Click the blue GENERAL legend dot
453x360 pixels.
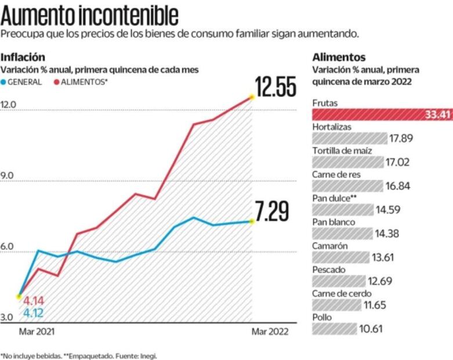pos(5,82)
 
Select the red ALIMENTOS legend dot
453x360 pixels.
pos(57,82)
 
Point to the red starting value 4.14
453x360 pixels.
pos(34,301)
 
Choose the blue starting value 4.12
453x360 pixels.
pos(34,314)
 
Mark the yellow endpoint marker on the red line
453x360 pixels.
pos(252,97)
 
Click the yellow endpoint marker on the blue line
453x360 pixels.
pos(252,221)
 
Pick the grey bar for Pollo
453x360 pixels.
pos(335,329)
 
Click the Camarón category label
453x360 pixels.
pos(329,246)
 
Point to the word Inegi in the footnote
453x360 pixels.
pos(147,355)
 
